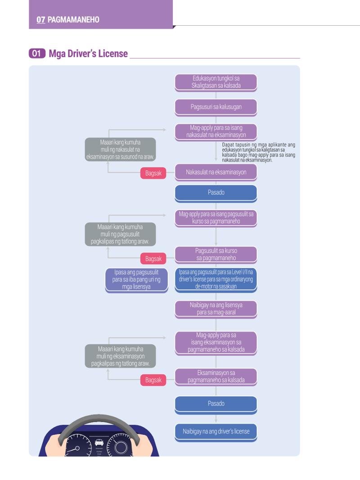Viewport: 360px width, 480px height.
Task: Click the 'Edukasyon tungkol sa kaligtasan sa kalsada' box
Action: [x=216, y=82]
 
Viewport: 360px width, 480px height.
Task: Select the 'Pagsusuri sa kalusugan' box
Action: [x=216, y=108]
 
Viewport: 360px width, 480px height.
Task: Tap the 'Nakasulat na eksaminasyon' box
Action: [x=216, y=172]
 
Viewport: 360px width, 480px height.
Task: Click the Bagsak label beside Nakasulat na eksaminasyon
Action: [x=153, y=173]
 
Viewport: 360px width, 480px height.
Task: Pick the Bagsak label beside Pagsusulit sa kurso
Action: [x=153, y=258]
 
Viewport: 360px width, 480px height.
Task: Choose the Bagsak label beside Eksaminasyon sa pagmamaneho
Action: [x=153, y=380]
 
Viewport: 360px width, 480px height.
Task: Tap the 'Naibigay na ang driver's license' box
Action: [x=216, y=432]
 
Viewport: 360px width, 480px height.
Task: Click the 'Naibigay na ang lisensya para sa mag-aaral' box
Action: [x=216, y=309]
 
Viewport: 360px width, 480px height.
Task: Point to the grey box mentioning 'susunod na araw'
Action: [x=120, y=149]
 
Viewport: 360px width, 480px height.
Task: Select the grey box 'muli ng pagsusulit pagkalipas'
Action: [x=120, y=234]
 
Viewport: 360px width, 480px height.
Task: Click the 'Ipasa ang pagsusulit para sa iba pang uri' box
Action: [x=136, y=280]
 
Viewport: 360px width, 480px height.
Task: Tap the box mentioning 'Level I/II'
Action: [x=216, y=280]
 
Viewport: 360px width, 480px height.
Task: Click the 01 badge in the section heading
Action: [x=37, y=54]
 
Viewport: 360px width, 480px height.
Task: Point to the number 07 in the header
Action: [x=40, y=20]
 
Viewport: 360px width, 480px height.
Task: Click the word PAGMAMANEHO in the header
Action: [x=73, y=20]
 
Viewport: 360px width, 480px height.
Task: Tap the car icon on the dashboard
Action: [x=99, y=442]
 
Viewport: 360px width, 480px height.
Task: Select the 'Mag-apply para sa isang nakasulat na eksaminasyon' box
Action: [x=216, y=132]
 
